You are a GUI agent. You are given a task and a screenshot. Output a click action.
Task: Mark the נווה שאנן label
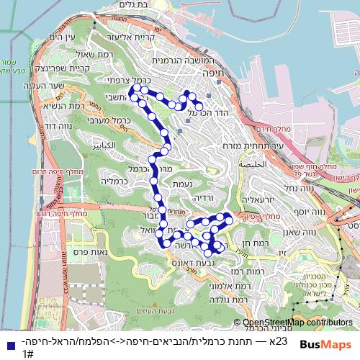pos(311,232)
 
